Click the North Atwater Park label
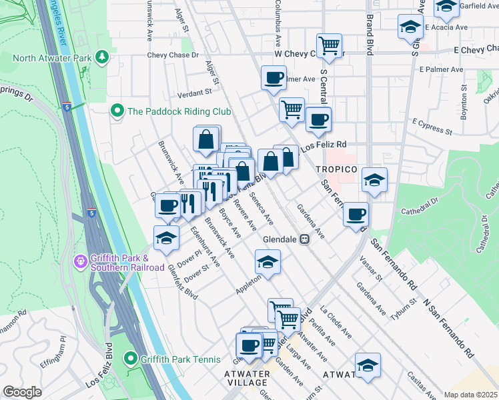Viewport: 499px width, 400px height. click(51, 58)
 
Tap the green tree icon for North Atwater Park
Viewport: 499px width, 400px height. click(101, 57)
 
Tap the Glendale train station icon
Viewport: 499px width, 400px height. click(305, 239)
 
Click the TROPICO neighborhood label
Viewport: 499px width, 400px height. click(337, 169)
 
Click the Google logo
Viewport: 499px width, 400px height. click(22, 392)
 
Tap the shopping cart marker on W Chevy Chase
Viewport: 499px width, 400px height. click(329, 46)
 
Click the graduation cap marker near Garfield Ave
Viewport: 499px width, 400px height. click(446, 8)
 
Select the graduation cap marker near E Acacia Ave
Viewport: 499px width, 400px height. click(409, 27)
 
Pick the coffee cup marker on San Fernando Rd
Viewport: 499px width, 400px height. click(356, 215)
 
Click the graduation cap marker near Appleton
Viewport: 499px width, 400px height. click(268, 262)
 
